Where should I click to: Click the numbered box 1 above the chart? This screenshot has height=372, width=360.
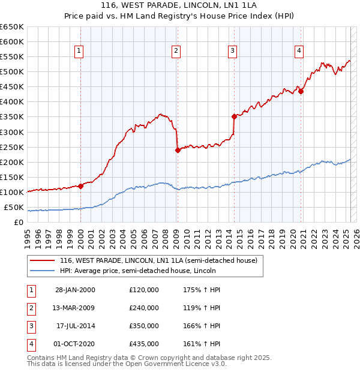pyautogui.click(x=80, y=51)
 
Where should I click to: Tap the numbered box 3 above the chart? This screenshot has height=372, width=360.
pyautogui.click(x=232, y=51)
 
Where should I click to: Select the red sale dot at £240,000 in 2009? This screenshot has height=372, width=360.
pyautogui.click(x=178, y=151)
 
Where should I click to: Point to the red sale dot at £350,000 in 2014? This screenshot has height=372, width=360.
pyautogui.click(x=234, y=116)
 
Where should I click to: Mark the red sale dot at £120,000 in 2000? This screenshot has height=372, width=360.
pyautogui.click(x=81, y=186)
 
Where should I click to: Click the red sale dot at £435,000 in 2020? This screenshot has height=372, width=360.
pyautogui.click(x=301, y=91)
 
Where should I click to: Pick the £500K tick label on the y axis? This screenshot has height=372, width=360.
pyautogui.click(x=12, y=71)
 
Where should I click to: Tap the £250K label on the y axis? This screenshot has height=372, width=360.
pyautogui.click(x=12, y=147)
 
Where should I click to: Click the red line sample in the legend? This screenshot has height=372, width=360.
pyautogui.click(x=42, y=260)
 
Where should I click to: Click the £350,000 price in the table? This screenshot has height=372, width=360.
pyautogui.click(x=144, y=326)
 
